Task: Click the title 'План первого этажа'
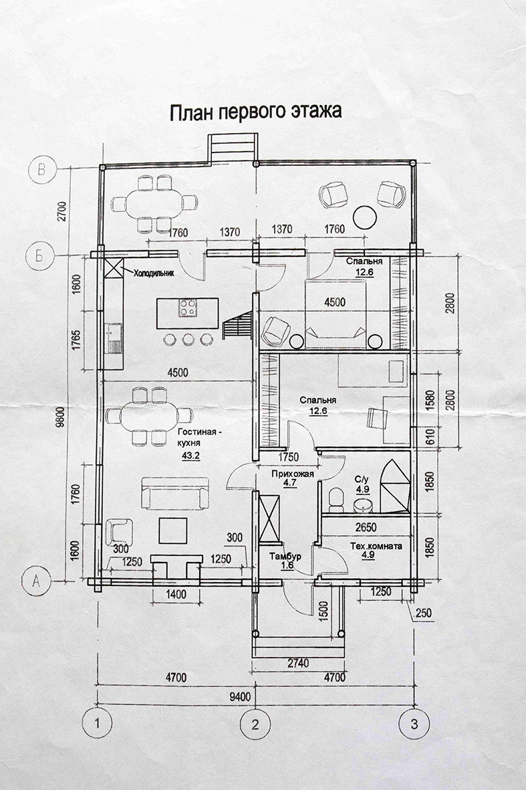256,112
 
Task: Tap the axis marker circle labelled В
42,169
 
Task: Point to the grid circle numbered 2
256,725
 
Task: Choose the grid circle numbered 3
414,724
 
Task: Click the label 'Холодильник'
153,274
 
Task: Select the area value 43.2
190,456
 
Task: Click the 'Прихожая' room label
293,474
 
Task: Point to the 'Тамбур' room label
285,557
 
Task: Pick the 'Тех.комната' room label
376,546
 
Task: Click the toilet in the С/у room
336,498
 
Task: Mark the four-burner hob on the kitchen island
188,307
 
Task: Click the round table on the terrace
364,217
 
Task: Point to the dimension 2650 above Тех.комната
366,528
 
